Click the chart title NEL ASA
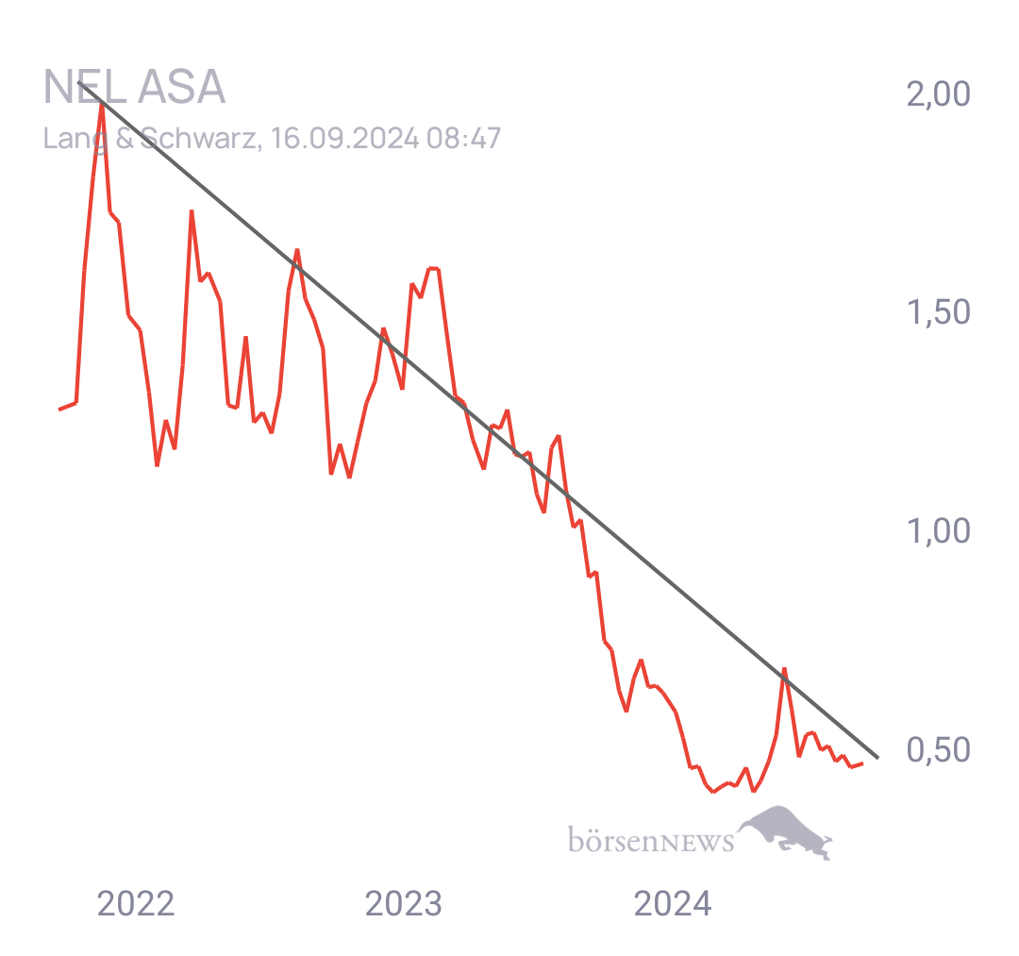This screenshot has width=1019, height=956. point(134,88)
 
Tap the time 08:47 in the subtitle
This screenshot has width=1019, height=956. point(463,139)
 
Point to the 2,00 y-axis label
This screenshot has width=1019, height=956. point(938,94)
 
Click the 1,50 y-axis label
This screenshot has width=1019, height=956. point(938,312)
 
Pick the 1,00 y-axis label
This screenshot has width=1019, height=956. point(938,531)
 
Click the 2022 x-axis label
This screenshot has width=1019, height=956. point(136,904)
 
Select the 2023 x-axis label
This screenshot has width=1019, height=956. point(403,904)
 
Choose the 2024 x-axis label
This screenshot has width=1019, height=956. point(672,904)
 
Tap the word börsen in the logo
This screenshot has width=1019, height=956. point(611,839)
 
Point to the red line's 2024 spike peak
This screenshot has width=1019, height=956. point(784,669)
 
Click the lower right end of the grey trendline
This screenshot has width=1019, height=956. point(877,757)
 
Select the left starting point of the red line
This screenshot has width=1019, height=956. point(59,410)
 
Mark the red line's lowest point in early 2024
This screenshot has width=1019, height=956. point(713,792)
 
